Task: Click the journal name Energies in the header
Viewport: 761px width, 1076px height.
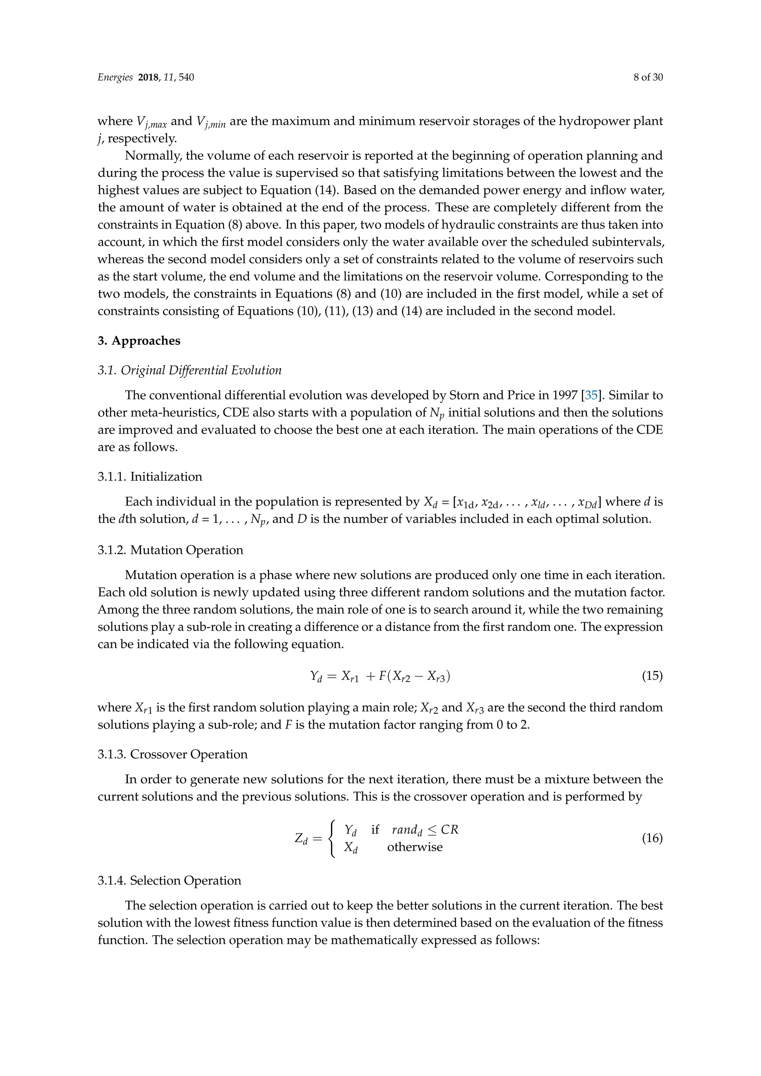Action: point(115,78)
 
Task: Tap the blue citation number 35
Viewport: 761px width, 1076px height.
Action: point(591,396)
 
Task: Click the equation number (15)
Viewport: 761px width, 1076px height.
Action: point(652,676)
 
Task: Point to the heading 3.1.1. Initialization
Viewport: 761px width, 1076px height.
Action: point(150,477)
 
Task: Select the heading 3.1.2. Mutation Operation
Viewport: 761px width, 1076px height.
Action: point(170,550)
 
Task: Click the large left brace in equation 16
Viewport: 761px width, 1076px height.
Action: point(332,839)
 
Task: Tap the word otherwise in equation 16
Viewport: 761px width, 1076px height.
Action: point(415,847)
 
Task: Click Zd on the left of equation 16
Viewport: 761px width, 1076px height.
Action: point(301,839)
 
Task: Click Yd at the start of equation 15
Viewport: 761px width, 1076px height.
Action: point(316,676)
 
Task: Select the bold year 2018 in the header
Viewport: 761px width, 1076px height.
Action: point(149,78)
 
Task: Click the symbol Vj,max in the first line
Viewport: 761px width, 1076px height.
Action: point(151,122)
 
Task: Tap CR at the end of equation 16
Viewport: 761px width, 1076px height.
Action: point(449,830)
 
